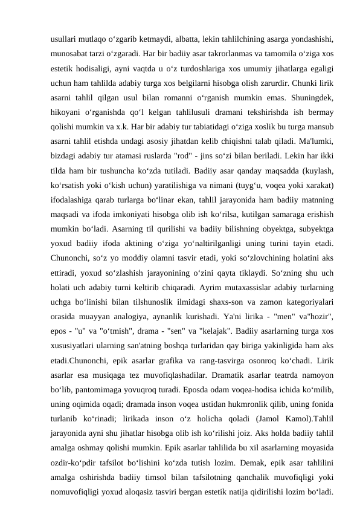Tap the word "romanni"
183,97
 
